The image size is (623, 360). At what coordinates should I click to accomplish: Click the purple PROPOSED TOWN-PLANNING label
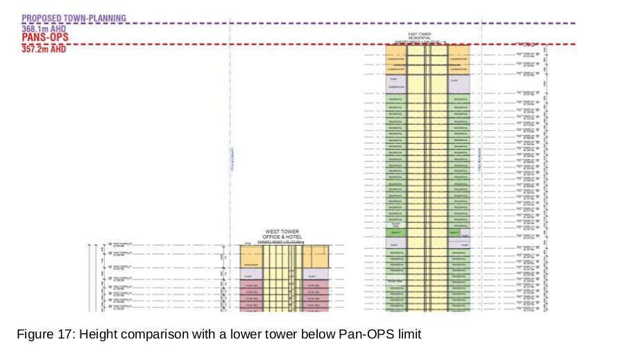[x=74, y=17]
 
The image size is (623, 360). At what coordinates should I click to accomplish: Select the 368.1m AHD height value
[x=44, y=29]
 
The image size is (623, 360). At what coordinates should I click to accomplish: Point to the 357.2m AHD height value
[x=44, y=49]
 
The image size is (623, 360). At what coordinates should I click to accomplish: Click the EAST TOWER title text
[x=420, y=33]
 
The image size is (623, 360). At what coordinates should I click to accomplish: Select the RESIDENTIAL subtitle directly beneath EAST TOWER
[x=420, y=37]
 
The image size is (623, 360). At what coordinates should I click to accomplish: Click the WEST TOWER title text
[x=281, y=232]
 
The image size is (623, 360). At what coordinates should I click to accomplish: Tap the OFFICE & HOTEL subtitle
[x=281, y=237]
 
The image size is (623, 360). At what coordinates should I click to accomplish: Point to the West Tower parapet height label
[x=281, y=241]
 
